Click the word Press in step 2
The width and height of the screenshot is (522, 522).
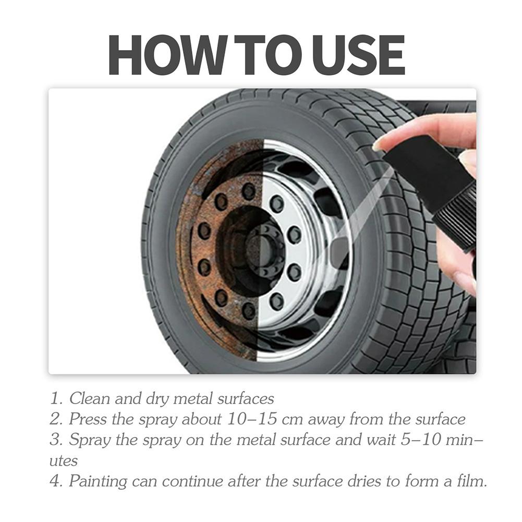pyautogui.click(x=87, y=419)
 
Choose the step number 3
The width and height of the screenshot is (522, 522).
pyautogui.click(x=55, y=440)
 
